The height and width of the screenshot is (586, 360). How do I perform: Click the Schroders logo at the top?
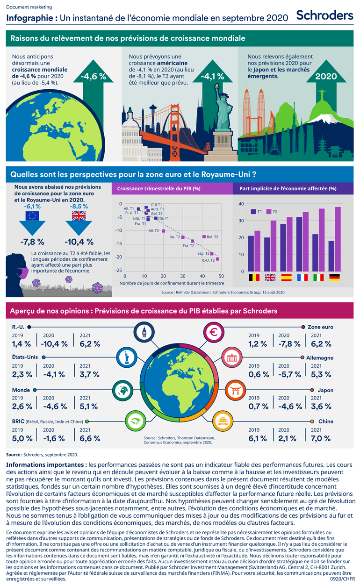point(324,15)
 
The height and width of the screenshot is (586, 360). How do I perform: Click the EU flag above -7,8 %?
point(32,215)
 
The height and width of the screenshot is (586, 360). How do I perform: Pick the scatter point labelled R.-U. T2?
point(217,259)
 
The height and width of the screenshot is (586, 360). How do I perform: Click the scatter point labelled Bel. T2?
point(204,237)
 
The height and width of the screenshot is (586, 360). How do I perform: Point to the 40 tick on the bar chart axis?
point(241,204)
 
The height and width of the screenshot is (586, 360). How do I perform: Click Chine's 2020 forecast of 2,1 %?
point(287,438)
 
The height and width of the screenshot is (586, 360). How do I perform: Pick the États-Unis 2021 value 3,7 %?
point(89,374)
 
